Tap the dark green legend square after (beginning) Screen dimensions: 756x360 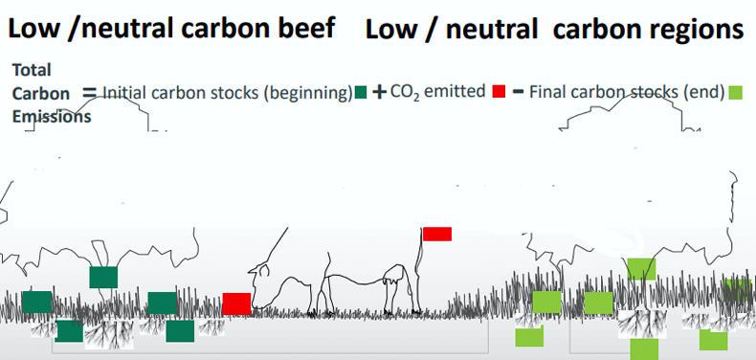coord(361,92)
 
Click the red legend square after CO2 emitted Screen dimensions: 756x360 coord(499,91)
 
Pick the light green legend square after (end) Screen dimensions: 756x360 coord(735,92)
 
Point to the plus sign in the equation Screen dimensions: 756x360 coord(380,92)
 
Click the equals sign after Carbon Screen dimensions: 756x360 coord(91,92)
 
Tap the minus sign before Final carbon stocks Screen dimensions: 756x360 coord(518,91)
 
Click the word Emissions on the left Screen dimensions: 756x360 coord(52,117)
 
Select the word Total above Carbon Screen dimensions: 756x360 coord(32,70)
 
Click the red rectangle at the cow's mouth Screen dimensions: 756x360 coord(236,304)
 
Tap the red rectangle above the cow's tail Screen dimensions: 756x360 coord(436,234)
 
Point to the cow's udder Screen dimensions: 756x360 coord(390,280)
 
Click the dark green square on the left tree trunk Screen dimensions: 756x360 coord(103,278)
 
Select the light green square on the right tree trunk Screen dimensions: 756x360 coord(641,269)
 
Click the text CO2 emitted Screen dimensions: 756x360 coord(437,91)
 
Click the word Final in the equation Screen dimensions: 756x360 coord(546,91)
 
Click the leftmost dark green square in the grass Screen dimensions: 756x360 coord(37,303)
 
